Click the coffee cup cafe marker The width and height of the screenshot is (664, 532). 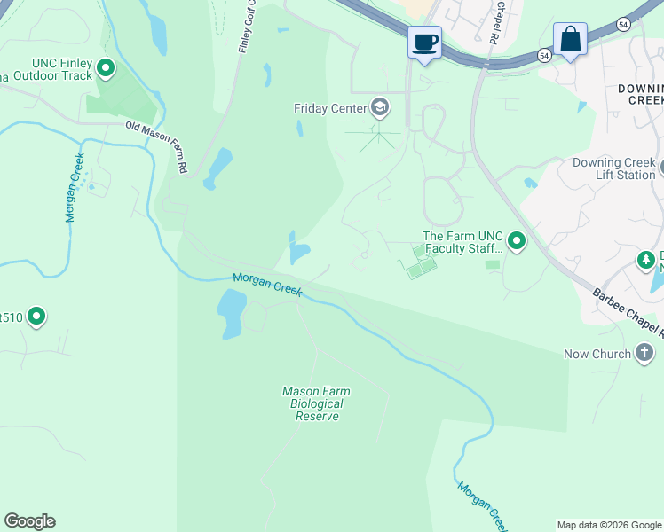tap(425, 42)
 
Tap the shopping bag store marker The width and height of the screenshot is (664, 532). tap(570, 40)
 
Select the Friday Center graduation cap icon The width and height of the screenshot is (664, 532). tap(380, 108)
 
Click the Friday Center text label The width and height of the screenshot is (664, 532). tap(330, 108)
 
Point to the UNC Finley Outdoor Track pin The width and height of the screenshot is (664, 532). tap(107, 67)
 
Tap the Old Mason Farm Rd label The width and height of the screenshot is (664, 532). tap(156, 147)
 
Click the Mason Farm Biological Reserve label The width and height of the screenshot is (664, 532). tap(316, 403)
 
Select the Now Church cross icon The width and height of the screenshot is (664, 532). tap(645, 354)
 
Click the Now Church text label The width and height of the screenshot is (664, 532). tap(597, 355)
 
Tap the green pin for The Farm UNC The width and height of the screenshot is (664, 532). tap(516, 241)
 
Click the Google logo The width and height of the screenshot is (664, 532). tap(29, 521)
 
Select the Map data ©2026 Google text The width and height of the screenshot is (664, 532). tap(610, 525)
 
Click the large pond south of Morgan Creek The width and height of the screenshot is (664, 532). tap(230, 313)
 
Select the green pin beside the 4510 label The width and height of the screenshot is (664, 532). tap(36, 316)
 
